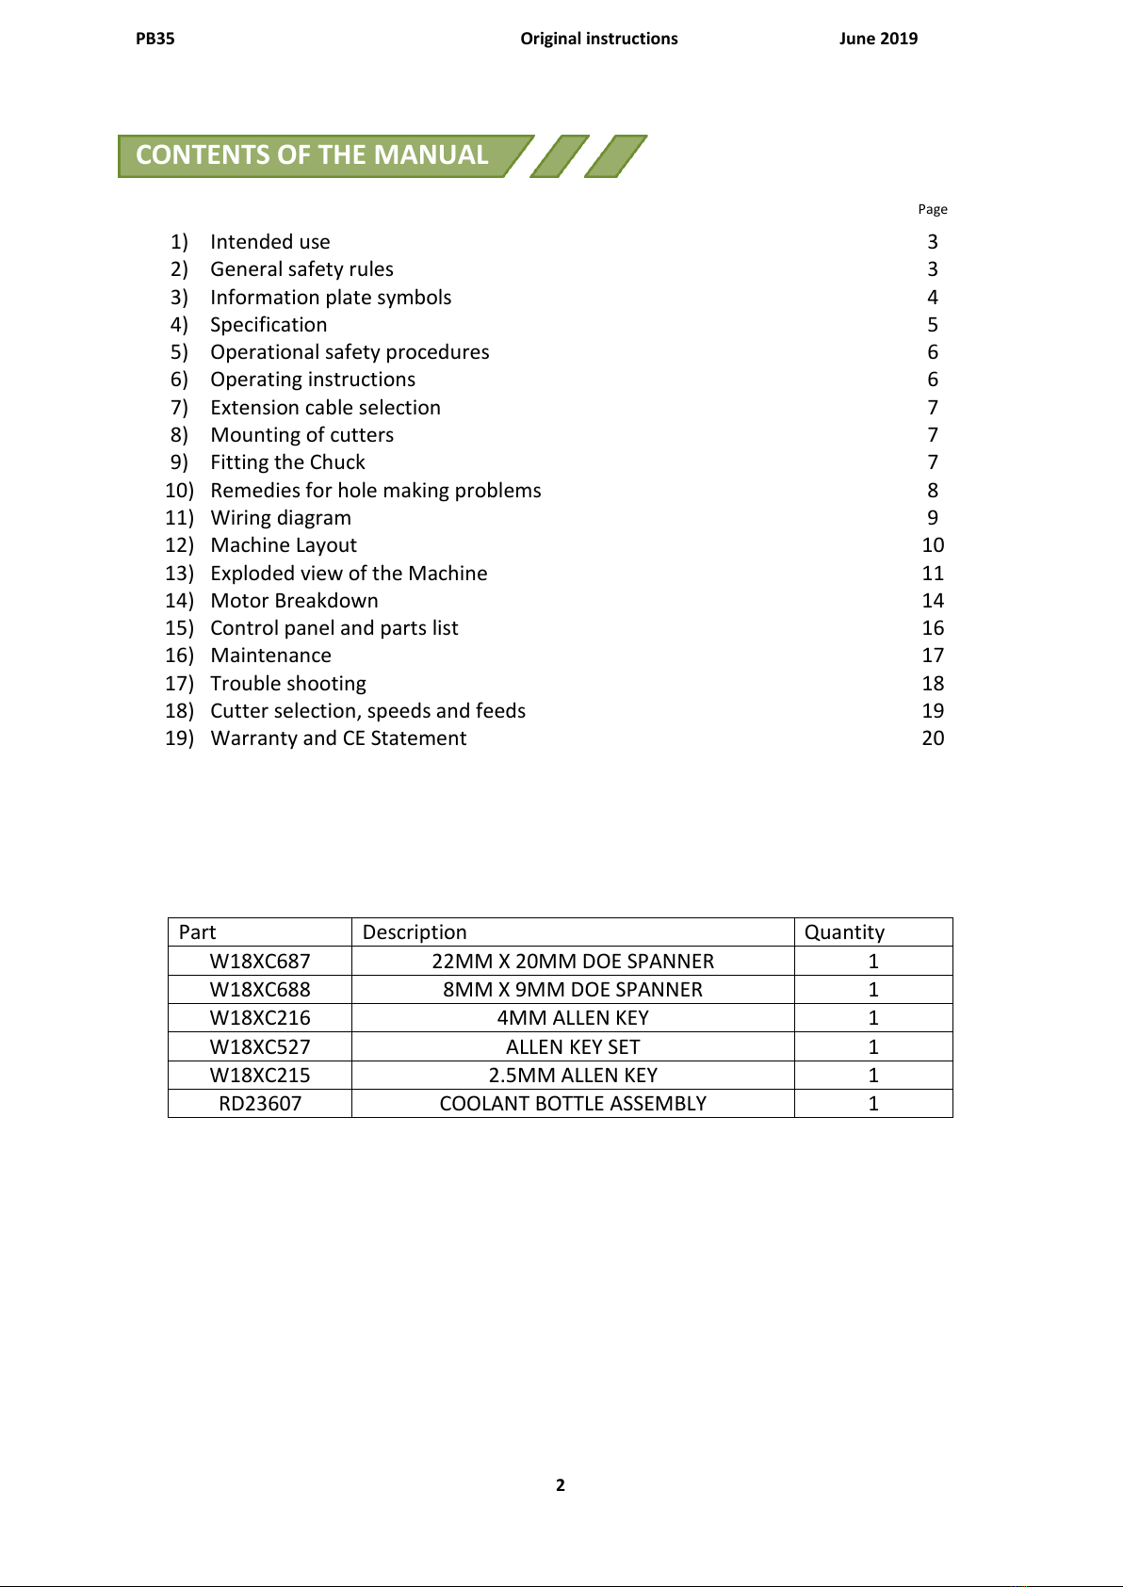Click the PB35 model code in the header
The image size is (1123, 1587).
155,39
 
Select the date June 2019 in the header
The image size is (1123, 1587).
878,39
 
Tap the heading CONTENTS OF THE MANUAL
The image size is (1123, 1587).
312,155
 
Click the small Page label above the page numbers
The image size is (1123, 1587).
933,209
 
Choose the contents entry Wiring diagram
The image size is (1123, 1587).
281,518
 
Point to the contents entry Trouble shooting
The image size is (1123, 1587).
288,684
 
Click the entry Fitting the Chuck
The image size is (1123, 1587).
287,462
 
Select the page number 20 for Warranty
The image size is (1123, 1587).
933,738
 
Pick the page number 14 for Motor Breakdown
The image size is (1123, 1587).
933,601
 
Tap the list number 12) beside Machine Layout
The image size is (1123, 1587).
179,545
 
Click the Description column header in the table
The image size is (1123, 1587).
415,932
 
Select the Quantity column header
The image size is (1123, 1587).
844,932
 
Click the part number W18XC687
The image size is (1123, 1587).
260,962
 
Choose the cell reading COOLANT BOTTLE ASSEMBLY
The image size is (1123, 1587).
573,1104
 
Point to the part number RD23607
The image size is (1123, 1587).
260,1104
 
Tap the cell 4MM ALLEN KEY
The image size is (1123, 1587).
573,1018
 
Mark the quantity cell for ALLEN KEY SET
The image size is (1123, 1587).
873,1047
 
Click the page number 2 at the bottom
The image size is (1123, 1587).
561,1485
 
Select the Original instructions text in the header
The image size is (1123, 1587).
599,39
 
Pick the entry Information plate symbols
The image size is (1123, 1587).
331,298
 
